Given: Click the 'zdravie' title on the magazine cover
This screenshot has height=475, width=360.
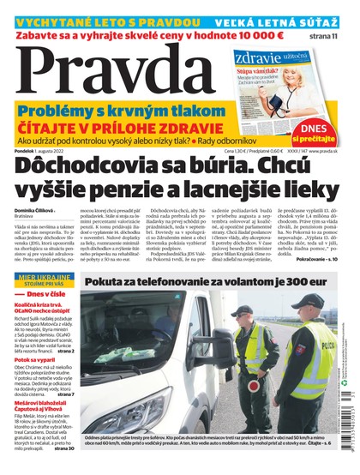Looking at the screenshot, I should pos(258,57).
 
